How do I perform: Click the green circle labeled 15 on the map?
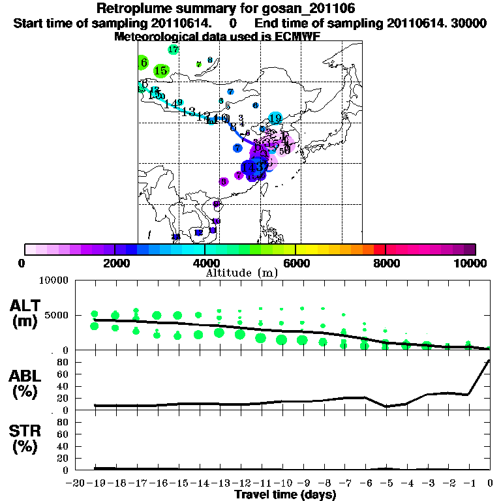(x=161, y=70)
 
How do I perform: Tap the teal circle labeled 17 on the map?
(x=174, y=50)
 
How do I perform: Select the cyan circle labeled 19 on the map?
(x=275, y=118)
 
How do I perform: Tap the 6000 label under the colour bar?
(x=295, y=263)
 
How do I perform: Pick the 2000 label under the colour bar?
(x=114, y=263)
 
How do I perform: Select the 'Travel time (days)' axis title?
(x=285, y=495)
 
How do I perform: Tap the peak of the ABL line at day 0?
(x=489, y=360)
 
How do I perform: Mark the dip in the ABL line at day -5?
(x=386, y=406)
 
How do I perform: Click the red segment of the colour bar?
(x=379, y=249)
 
